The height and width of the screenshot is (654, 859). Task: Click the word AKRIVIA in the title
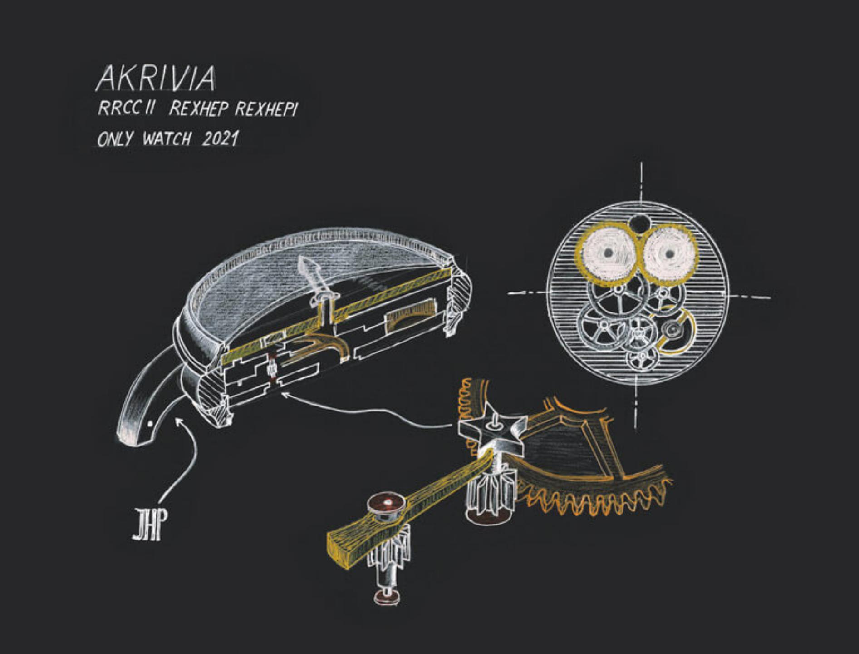pyautogui.click(x=156, y=79)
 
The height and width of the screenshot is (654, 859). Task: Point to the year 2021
pyautogui.click(x=220, y=139)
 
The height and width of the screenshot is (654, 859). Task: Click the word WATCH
pyautogui.click(x=167, y=139)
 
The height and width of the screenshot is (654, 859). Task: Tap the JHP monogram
pyautogui.click(x=147, y=525)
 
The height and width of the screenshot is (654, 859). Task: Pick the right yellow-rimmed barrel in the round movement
pyautogui.click(x=669, y=254)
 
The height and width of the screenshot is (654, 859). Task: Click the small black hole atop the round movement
pyautogui.click(x=638, y=223)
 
